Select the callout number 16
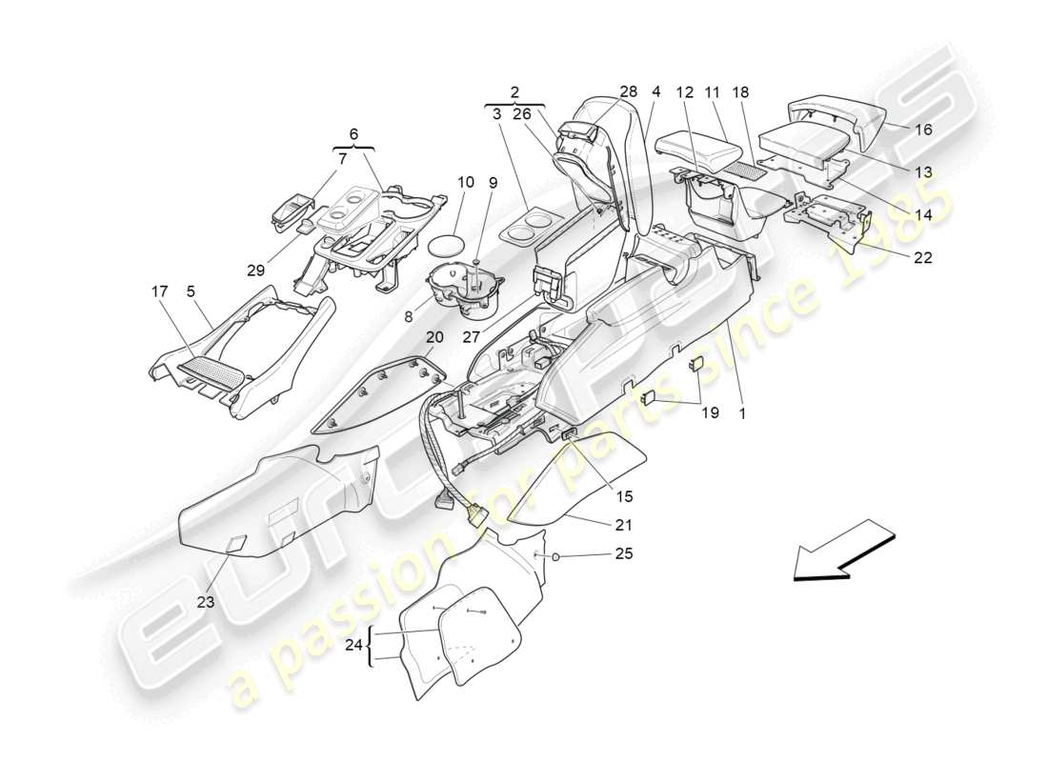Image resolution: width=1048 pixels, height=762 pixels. coord(924,130)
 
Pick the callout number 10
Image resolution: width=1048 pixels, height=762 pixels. coord(466,182)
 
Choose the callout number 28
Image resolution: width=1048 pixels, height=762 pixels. coord(629,92)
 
